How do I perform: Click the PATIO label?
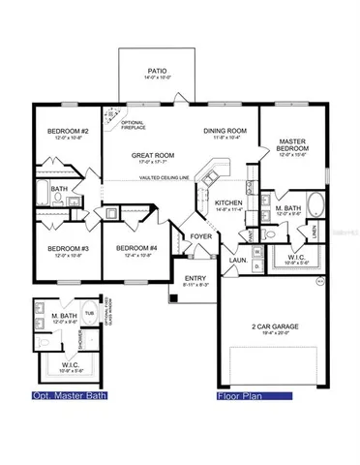pos(157,71)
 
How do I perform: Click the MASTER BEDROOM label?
pos(292,146)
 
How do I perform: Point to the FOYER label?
pos(200,235)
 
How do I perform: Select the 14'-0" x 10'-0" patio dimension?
pos(157,78)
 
